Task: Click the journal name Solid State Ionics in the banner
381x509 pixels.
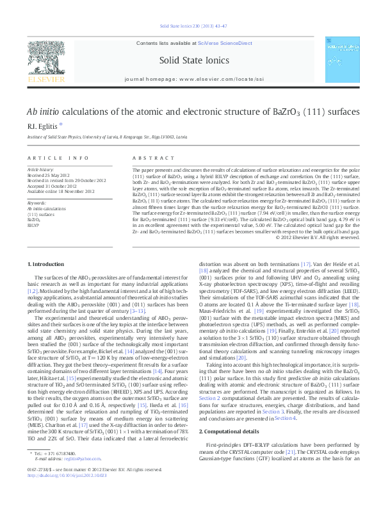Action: (190, 59)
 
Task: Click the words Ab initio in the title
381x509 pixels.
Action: (44, 110)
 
